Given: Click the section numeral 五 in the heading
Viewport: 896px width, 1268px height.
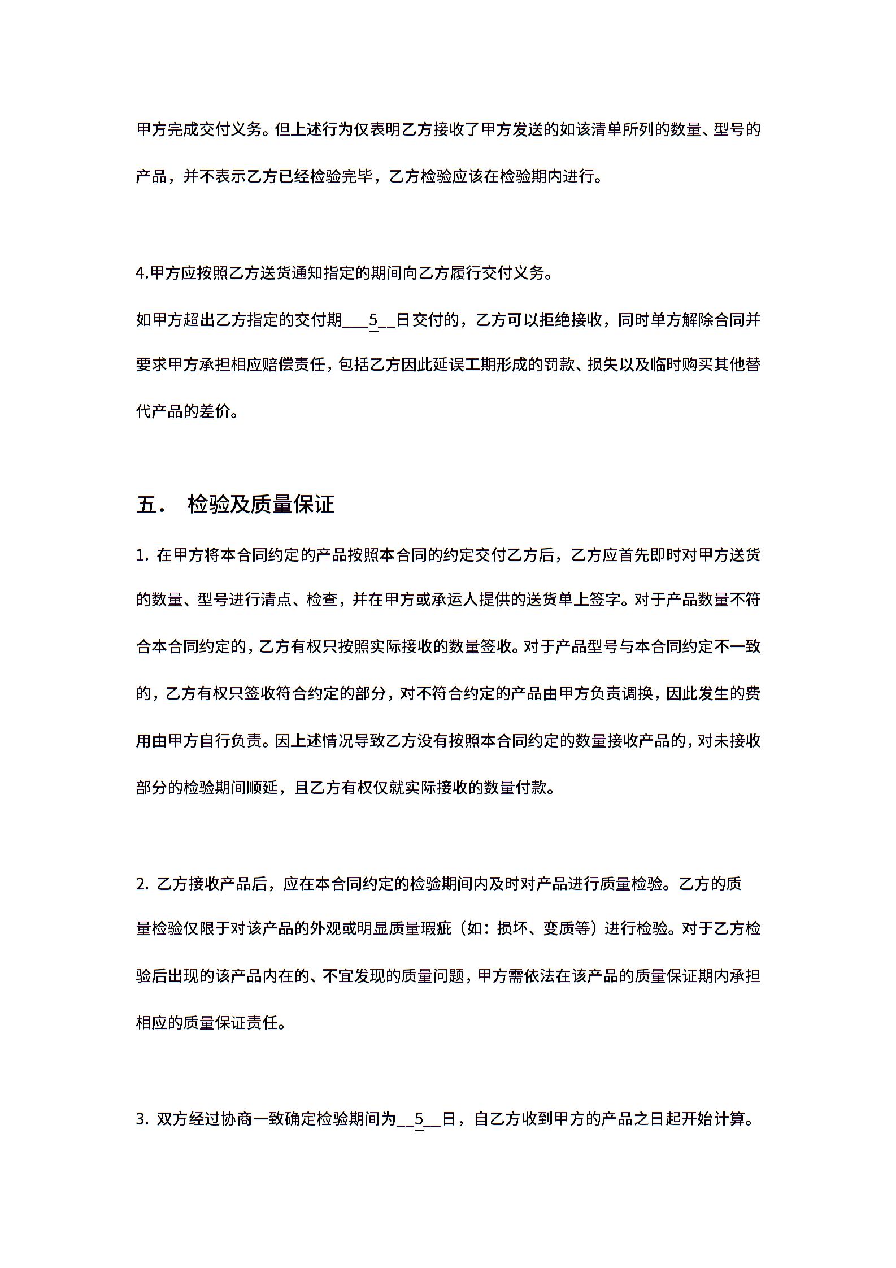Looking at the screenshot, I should (x=146, y=504).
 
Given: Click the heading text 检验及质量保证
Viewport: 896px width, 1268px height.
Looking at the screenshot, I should (x=261, y=504).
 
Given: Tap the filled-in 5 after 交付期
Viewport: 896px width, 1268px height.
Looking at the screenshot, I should (x=373, y=320).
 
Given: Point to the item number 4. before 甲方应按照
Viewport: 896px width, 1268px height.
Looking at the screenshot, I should (x=142, y=273).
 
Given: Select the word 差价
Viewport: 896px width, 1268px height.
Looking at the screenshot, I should (x=215, y=411).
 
